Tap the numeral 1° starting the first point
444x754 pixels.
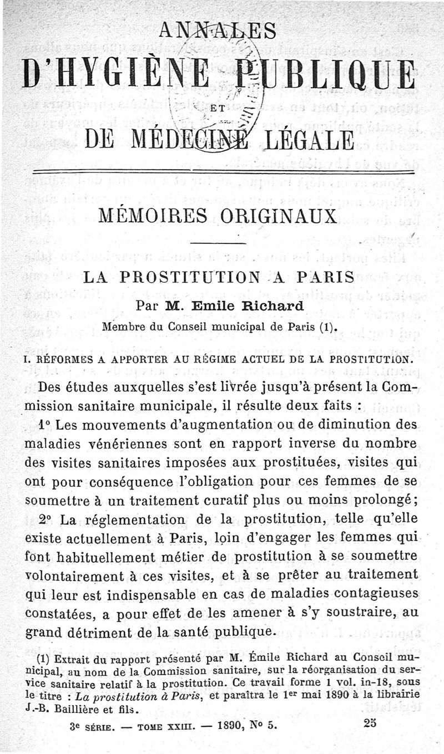point(46,426)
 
